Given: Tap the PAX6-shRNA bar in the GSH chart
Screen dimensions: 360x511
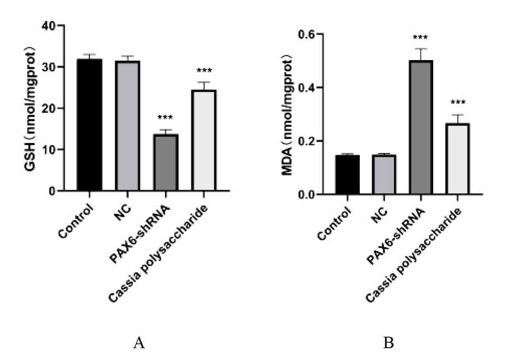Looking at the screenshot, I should coord(166,162).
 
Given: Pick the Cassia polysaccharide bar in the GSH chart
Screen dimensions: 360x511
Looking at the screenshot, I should coord(204,140).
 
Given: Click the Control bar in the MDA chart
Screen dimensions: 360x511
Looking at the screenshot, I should coord(347,174).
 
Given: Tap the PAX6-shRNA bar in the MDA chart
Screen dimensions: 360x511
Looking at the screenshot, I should coord(421,127).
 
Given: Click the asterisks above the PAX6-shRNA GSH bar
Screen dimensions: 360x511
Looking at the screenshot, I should coord(165,118).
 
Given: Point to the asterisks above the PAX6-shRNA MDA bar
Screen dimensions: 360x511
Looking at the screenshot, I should coord(421,38).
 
